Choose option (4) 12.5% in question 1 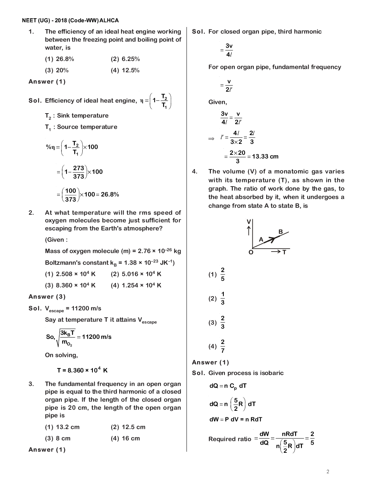(125, 70)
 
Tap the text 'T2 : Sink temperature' (77, 116)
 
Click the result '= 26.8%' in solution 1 (108, 194)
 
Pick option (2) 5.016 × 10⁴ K (136, 274)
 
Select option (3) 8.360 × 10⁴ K (70, 285)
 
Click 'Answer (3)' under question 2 (47, 297)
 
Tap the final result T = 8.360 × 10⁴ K (82, 370)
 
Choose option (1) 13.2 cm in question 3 (62, 427)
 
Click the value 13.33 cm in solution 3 (265, 157)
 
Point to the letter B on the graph (280, 232)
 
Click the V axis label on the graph (249, 222)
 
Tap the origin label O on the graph (251, 252)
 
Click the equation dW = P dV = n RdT (236, 420)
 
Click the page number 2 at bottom (328, 471)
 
